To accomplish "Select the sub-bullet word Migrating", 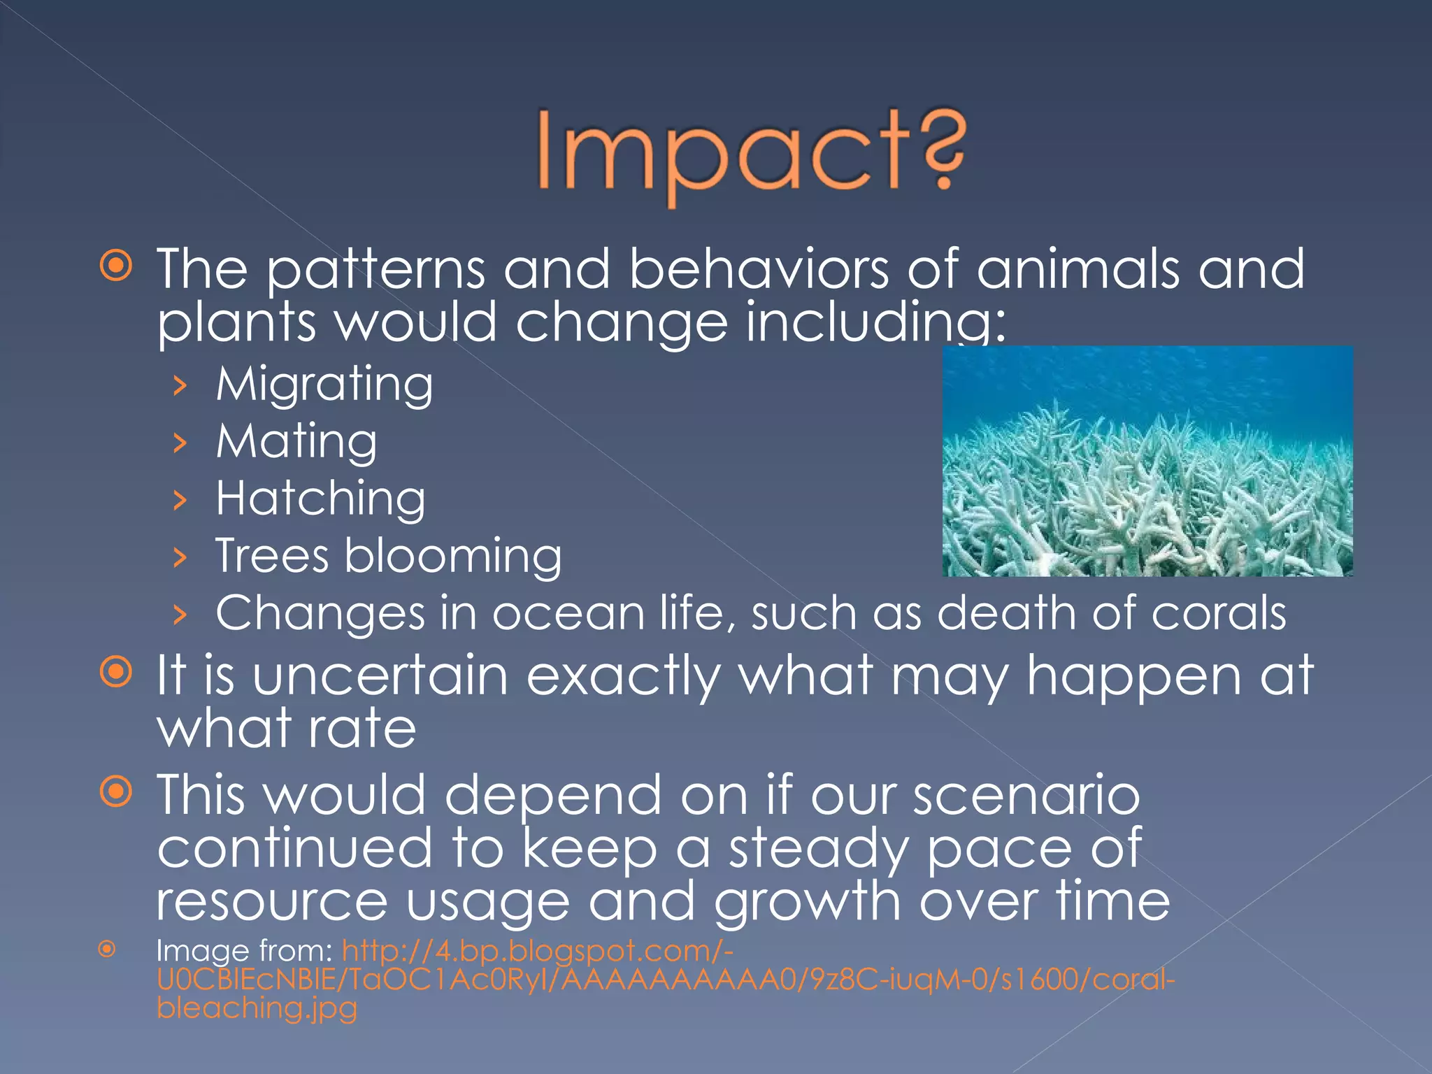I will pos(324,385).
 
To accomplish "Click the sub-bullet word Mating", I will pos(296,442).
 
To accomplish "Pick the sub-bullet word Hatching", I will pos(320,499).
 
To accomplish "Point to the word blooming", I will pos(452,557).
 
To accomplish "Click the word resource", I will pos(271,901).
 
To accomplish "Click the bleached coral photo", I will pos(1147,461).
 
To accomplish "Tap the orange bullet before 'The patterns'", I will pos(116,266).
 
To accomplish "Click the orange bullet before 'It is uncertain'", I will pos(116,673).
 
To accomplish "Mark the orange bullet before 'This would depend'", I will pos(116,792).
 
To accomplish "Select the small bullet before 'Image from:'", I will pos(106,949).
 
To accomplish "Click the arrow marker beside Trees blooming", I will pos(180,557).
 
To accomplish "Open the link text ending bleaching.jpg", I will pos(257,1008).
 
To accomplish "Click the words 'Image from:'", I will pos(244,951).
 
